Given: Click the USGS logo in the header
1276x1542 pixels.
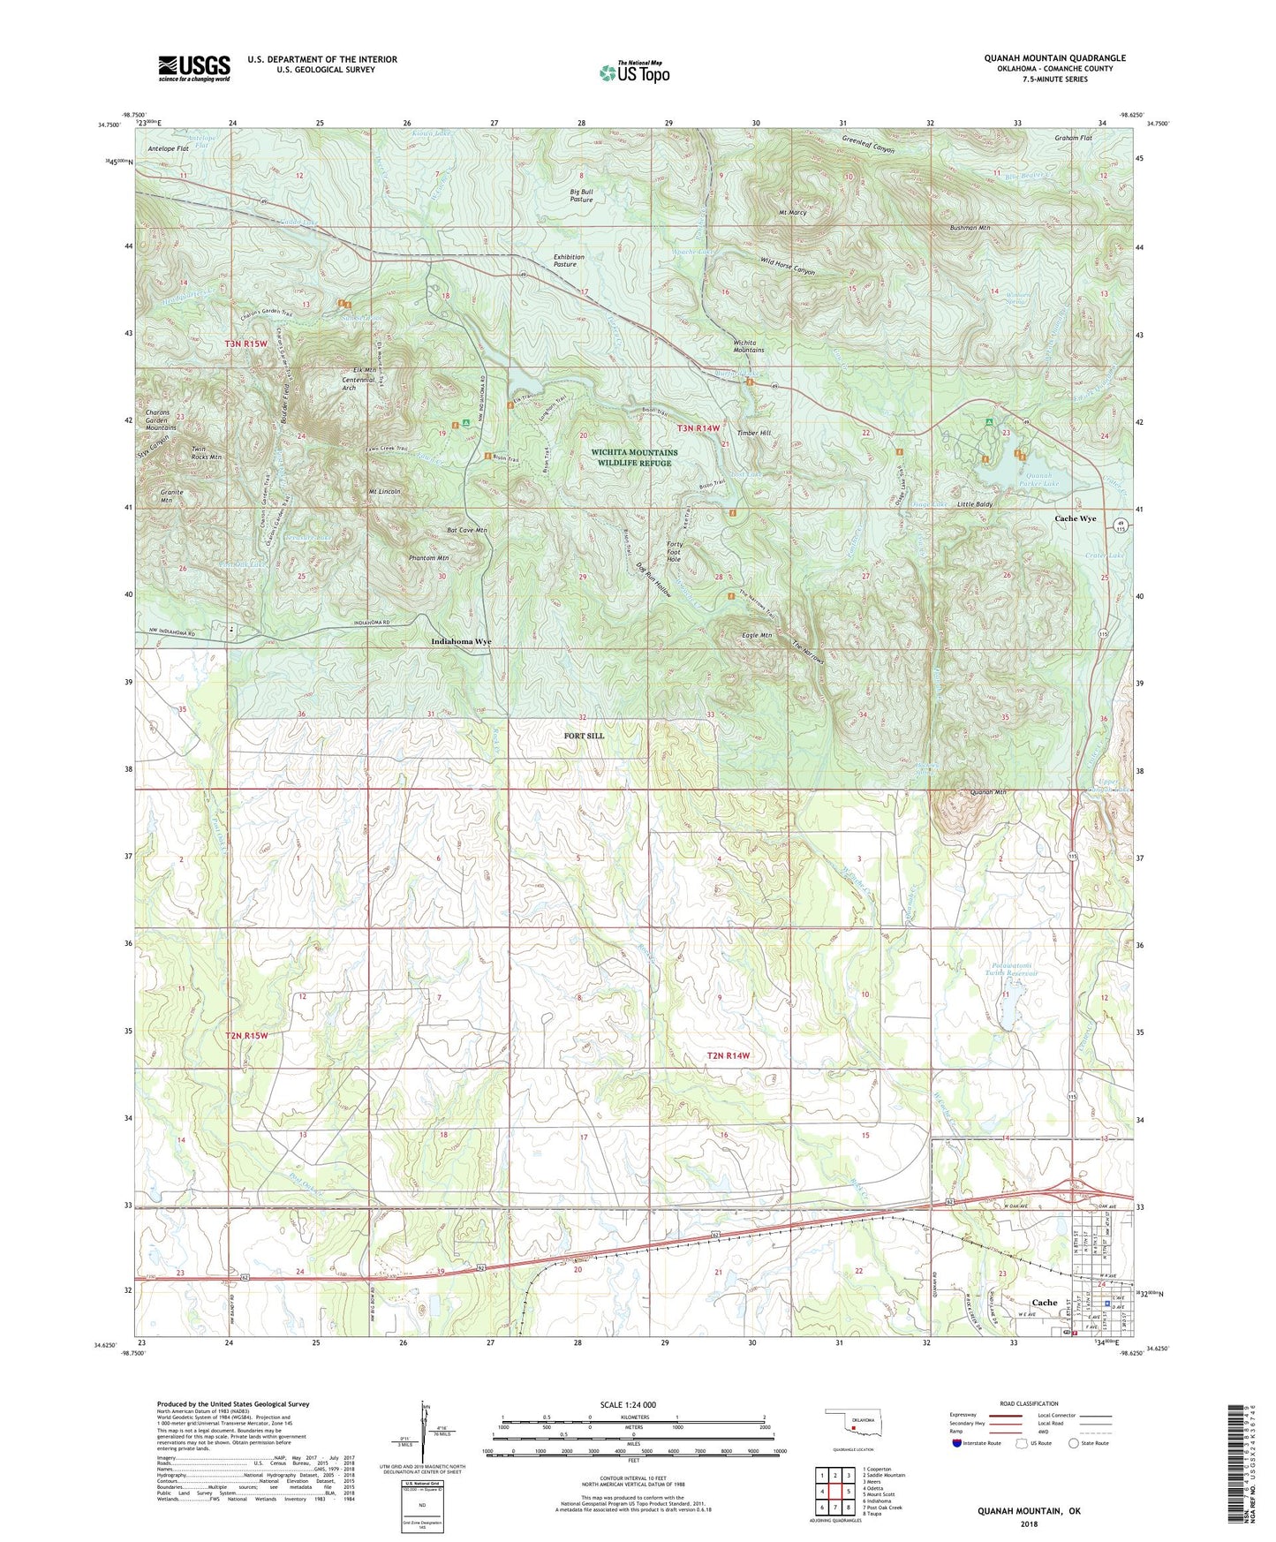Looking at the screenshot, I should pyautogui.click(x=194, y=68).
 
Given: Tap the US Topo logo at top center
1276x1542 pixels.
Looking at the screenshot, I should pyautogui.click(x=634, y=72).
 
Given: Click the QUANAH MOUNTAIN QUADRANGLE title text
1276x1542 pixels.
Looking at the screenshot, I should pyautogui.click(x=1054, y=58).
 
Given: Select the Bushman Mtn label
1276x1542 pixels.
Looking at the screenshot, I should pyautogui.click(x=970, y=228).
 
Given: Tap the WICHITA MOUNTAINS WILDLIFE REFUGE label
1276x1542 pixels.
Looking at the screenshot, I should pyautogui.click(x=634, y=457).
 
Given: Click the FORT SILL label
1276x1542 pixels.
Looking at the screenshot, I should pyautogui.click(x=585, y=735).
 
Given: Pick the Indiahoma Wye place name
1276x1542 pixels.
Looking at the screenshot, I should pyautogui.click(x=461, y=641).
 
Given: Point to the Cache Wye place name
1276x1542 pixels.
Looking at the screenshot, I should pyautogui.click(x=1075, y=518).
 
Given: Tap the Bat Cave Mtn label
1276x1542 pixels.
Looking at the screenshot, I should pyautogui.click(x=466, y=530).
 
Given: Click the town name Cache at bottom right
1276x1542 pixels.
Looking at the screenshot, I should pyautogui.click(x=1044, y=1303).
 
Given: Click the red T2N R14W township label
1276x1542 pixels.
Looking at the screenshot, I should pyautogui.click(x=728, y=1055).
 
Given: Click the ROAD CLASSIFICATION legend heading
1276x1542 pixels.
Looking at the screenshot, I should pyautogui.click(x=1029, y=1403).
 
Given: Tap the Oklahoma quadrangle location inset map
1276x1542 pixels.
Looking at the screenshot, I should pyautogui.click(x=852, y=1425).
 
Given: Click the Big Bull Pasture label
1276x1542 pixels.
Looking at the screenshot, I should pyautogui.click(x=581, y=195).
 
